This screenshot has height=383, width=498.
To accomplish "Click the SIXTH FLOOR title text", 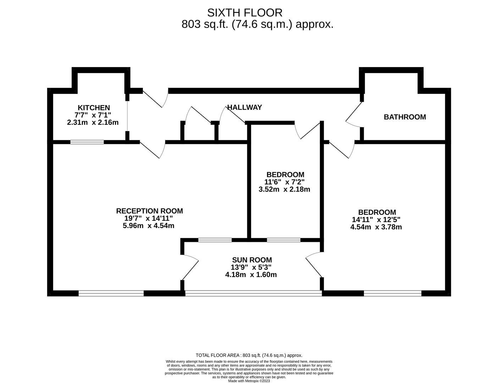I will pos(245,13).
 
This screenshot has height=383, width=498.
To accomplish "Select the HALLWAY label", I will pos(244,107).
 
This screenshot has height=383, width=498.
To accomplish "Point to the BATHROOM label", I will pos(405,117).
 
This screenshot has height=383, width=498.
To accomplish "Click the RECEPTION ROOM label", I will pos(149,211).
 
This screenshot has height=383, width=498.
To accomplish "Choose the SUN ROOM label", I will pos(252,260).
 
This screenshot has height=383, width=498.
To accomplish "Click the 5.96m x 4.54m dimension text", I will pos(148,226).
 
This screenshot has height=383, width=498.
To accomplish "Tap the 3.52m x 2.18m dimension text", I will pos(284,189).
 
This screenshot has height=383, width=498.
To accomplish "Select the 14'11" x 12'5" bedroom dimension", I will pos(376,220).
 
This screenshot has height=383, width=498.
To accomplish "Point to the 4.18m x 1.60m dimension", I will pos(251,274).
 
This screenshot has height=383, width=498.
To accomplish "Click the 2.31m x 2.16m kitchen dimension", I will pos(93,122).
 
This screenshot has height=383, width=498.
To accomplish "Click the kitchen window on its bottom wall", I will pos(87,142).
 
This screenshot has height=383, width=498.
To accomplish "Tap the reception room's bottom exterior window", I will pos(111,293).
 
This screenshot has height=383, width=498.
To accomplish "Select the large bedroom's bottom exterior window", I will pos(392,293).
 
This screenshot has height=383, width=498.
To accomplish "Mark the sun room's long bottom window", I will pos(253,293).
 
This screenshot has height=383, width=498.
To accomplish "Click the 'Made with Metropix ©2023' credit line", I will pos(249,381).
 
